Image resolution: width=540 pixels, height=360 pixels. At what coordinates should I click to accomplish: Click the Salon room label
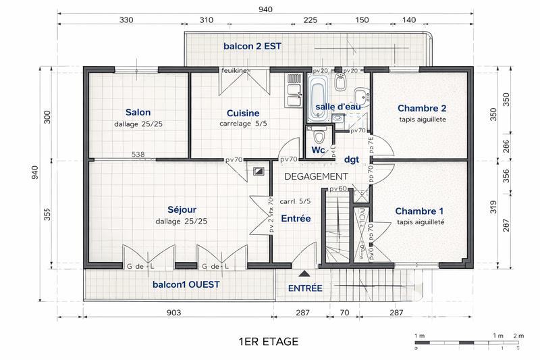tap(138, 112)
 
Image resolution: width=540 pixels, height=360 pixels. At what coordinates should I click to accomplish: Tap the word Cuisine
tap(242, 113)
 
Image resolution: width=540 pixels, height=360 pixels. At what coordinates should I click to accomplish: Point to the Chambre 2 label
tap(422, 108)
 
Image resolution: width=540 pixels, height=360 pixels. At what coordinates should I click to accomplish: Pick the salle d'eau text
tap(338, 107)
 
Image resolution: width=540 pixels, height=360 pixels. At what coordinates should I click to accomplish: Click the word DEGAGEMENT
tap(315, 176)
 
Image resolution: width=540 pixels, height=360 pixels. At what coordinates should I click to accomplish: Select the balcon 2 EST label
tap(252, 47)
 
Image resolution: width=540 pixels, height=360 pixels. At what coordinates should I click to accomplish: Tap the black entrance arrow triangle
tap(304, 274)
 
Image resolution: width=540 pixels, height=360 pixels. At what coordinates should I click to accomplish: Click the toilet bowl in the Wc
tap(319, 132)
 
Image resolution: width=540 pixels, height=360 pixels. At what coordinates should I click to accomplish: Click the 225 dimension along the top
tap(310, 20)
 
